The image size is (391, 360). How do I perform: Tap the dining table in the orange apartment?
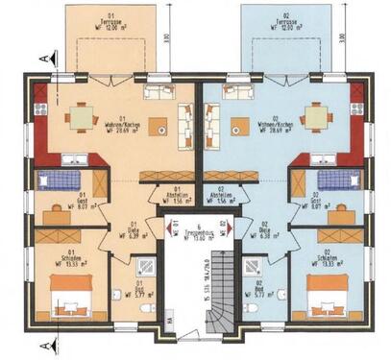(81, 117)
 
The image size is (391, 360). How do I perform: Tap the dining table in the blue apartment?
(315, 117)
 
